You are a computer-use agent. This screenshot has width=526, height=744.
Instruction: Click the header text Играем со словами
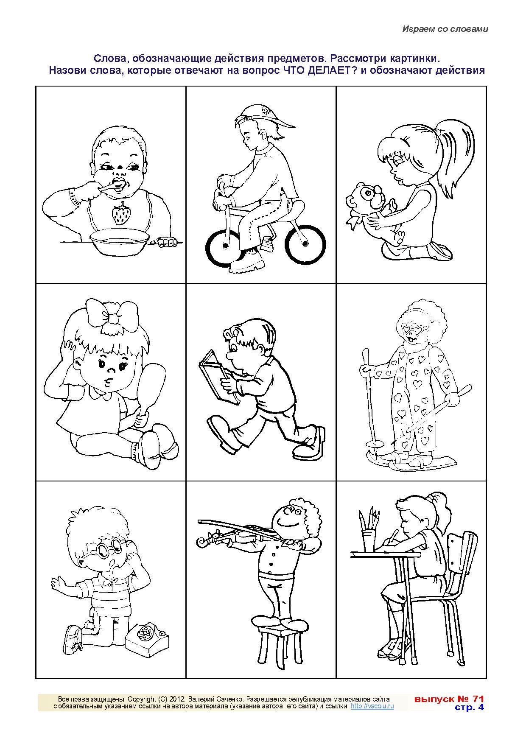[x=445, y=29]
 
